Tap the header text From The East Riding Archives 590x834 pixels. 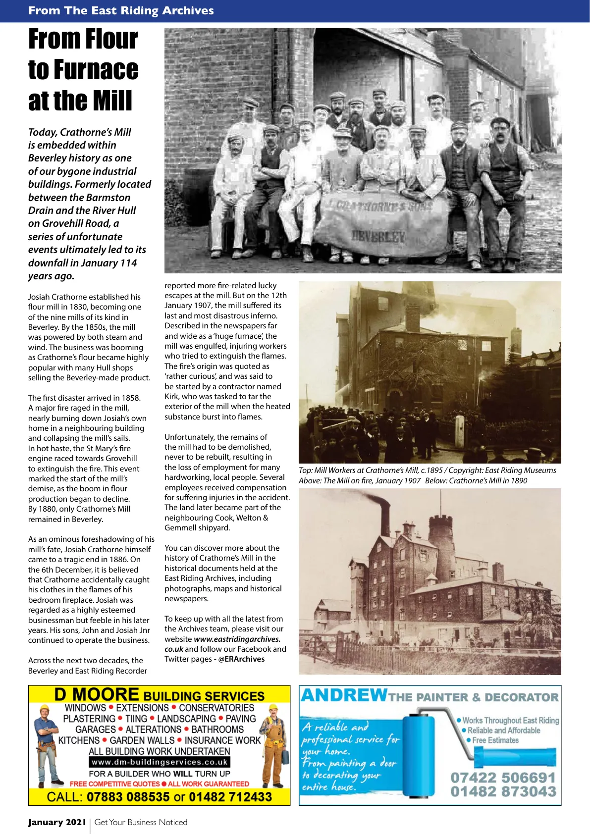pos(121,10)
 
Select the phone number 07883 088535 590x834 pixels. pos(128,797)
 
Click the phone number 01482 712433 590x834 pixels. pos(230,797)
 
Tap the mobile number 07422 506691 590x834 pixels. pos(503,777)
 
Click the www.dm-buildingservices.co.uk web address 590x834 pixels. pos(160,762)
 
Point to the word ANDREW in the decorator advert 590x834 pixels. pos(344,695)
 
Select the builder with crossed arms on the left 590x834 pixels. pos(46,743)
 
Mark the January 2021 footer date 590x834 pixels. pos(57,822)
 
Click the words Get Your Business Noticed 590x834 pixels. pos(141,822)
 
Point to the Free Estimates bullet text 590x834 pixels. pos(495,740)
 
